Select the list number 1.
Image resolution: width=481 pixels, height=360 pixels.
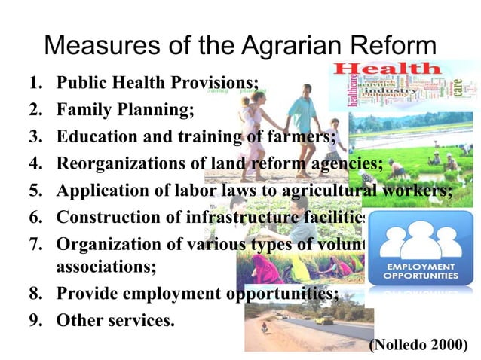pos(34,83)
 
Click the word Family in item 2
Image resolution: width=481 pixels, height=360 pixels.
pos(82,110)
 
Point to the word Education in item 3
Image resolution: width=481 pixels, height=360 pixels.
pos(93,137)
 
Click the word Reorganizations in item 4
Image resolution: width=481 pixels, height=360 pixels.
pos(117,164)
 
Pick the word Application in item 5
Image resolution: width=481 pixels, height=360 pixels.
pos(98,191)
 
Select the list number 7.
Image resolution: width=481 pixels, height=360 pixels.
pos(34,245)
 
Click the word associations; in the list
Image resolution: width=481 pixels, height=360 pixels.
pos(106,266)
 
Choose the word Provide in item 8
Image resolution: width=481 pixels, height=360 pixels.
pos(85,293)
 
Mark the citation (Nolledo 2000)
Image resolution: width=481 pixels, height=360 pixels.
pos(418,345)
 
